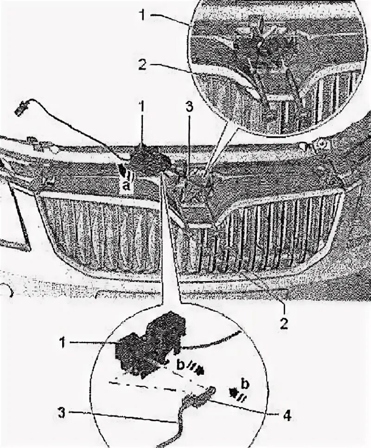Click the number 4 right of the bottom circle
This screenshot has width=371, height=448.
288,416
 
